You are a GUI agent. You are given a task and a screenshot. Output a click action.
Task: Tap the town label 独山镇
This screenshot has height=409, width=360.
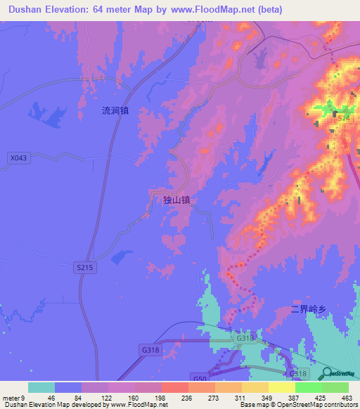(x=176, y=200)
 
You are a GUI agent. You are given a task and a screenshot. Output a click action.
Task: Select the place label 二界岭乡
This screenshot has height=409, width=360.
(x=310, y=309)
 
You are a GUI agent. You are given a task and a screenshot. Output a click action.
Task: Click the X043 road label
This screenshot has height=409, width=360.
(x=19, y=158)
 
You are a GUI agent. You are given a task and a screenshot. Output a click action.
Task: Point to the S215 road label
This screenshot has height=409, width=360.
(x=84, y=268)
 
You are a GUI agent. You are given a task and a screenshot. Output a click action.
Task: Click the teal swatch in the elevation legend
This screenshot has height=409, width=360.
(x=41, y=387)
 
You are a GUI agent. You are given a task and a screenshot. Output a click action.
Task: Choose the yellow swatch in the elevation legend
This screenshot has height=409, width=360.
(x=281, y=387)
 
